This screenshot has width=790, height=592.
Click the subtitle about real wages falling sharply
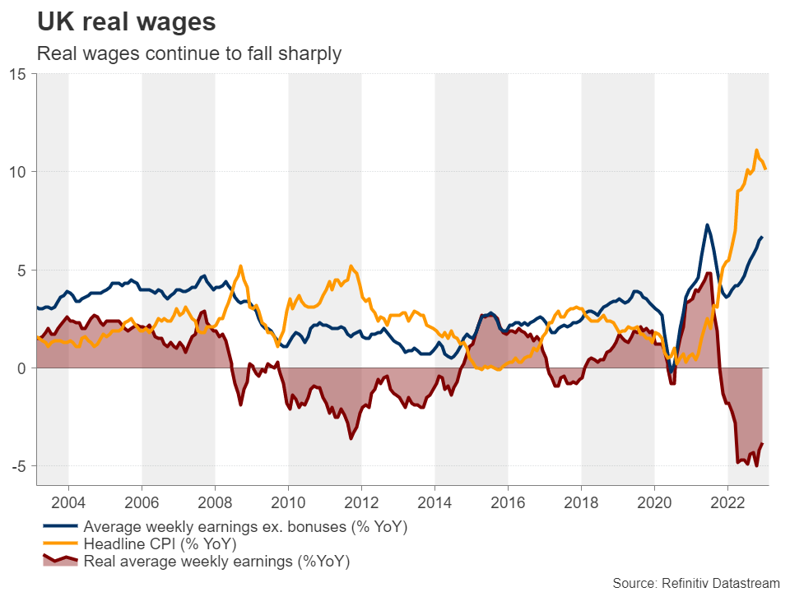[189, 54]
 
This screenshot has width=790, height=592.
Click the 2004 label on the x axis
[68, 502]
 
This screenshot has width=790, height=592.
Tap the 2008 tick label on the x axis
[215, 502]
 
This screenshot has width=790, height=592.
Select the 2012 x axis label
[361, 502]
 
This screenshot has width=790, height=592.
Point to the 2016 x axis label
[508, 502]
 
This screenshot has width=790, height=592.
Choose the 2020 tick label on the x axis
[654, 502]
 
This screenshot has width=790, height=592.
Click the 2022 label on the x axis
[727, 502]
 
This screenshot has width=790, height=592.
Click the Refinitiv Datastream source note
[695, 582]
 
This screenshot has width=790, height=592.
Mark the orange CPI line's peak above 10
[756, 150]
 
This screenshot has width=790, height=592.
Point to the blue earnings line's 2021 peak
[706, 224]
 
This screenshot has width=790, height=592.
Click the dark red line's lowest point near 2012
[351, 438]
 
